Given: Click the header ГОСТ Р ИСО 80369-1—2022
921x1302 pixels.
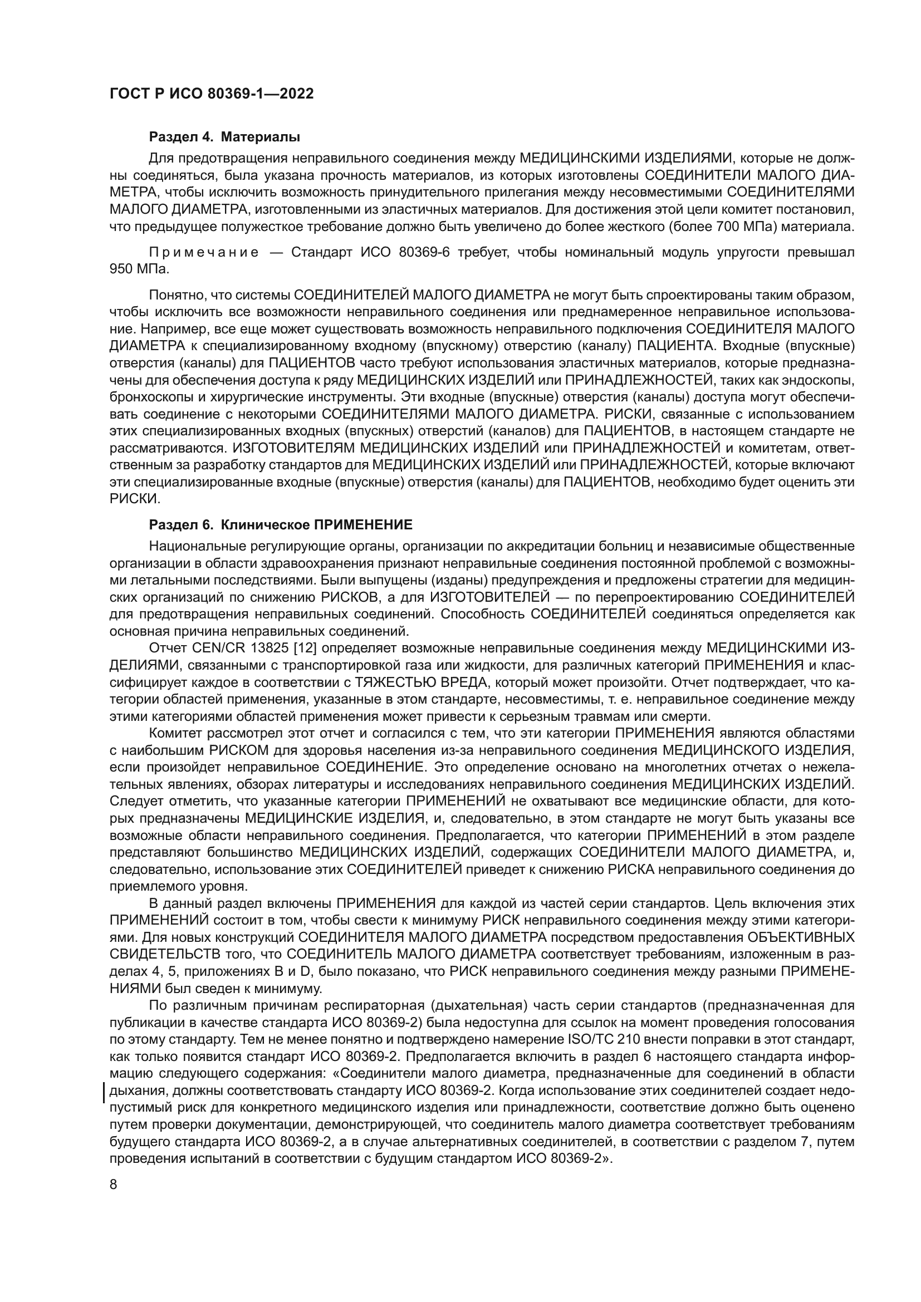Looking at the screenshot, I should [x=211, y=94].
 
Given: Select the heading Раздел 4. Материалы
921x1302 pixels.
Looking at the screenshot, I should [x=224, y=137].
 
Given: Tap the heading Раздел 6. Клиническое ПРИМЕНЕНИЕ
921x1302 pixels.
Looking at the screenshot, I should [x=281, y=524].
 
